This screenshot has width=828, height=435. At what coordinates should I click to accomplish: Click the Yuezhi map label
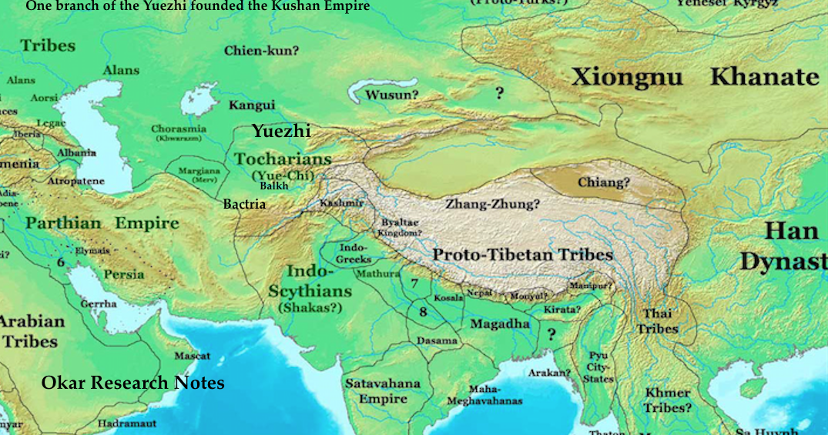coord(281,132)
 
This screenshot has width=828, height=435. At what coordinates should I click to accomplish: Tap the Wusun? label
coord(392,95)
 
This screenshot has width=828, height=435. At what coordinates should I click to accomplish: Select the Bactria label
coord(244,204)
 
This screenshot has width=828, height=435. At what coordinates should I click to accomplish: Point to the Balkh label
coord(274,186)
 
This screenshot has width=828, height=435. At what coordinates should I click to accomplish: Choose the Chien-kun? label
coord(261,52)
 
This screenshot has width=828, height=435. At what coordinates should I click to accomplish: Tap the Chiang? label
coord(604,182)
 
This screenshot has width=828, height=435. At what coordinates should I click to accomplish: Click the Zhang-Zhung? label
coord(492,205)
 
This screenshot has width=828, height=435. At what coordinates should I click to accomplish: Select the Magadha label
coord(500,324)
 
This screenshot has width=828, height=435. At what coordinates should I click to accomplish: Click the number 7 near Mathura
coord(414,283)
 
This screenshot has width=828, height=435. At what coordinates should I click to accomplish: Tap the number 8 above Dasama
coord(423,311)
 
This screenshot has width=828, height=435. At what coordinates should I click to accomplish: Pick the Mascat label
coord(192,356)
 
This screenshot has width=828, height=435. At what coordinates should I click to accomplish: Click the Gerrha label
coord(99,303)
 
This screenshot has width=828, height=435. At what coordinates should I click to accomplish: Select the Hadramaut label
coord(127,423)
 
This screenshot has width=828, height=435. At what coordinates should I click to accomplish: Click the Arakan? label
coord(549,373)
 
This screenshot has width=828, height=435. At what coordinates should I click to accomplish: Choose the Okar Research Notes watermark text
coord(133,383)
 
